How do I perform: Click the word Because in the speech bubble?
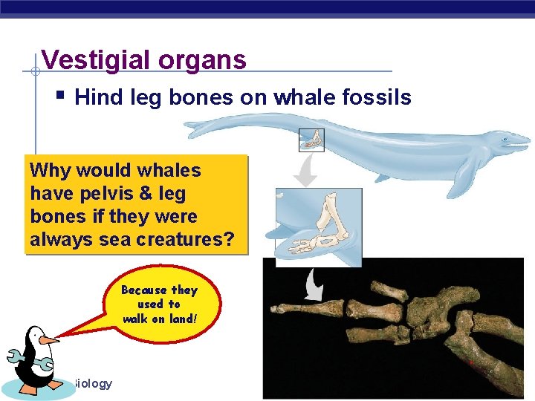144,290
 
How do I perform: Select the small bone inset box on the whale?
311,140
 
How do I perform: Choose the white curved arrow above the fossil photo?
314,284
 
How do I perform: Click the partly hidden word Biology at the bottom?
92,383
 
